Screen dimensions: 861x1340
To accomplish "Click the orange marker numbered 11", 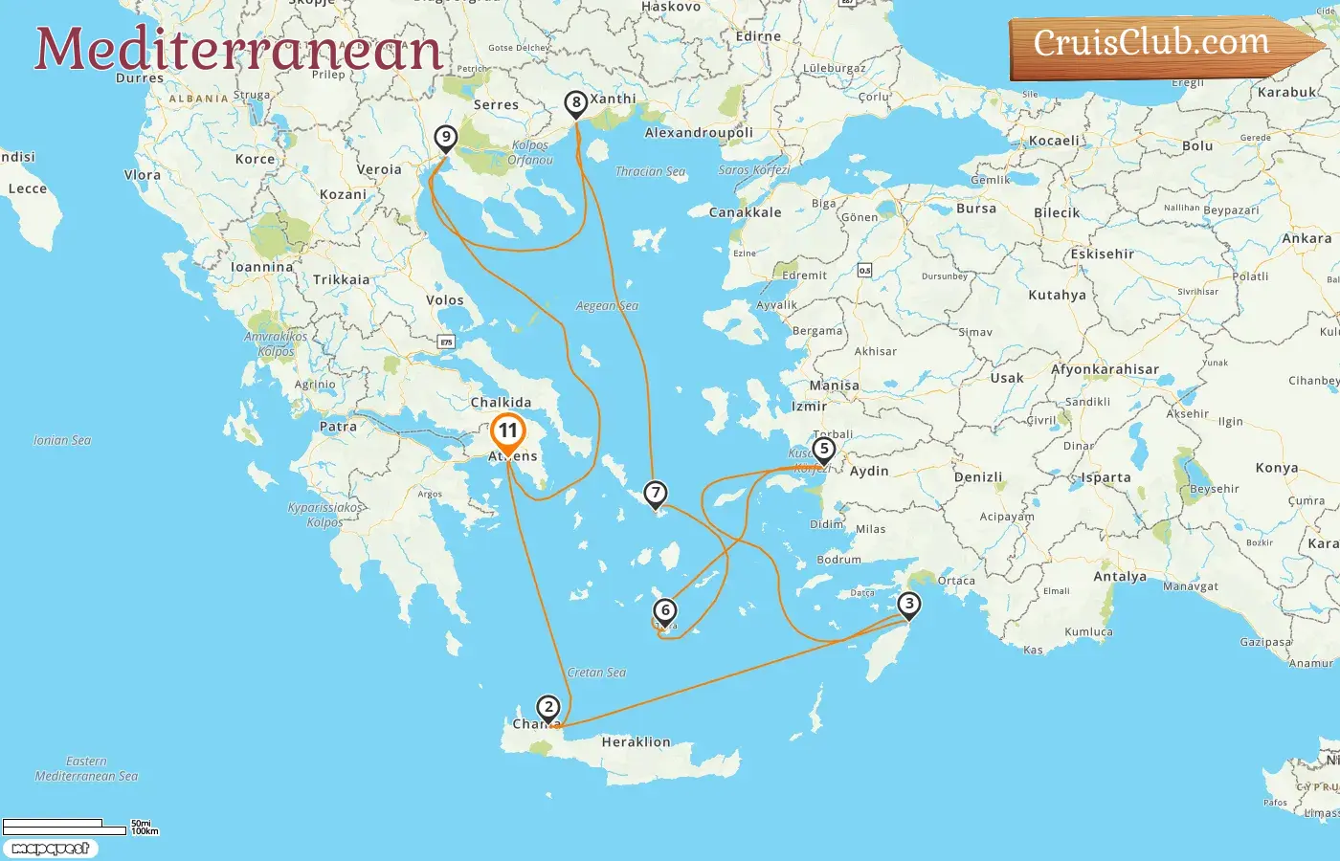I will point(507,432).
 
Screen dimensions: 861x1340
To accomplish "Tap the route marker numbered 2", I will point(547,708).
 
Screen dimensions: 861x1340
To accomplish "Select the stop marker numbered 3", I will point(909,605).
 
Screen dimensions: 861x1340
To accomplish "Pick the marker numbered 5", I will point(823,449).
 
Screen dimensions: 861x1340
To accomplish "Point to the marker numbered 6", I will point(665,610).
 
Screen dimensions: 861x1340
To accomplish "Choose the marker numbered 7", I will point(655,494).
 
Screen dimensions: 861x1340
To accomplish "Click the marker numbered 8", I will point(575,102).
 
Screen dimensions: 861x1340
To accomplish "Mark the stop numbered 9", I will point(445,137).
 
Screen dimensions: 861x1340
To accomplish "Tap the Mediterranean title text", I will point(238,49).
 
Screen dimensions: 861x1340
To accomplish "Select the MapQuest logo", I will point(50,849).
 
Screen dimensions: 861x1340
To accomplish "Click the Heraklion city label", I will point(636,741).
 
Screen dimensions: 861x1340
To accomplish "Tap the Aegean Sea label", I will point(607,306).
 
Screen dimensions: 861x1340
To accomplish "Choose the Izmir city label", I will point(809,406).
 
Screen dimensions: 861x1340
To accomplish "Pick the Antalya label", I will point(1120,576).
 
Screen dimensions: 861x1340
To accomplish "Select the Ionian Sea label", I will point(62,440).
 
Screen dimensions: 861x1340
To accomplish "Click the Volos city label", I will point(444,299).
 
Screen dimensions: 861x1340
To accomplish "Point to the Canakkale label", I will point(745,212).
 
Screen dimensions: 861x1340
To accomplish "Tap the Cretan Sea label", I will point(596,673).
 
